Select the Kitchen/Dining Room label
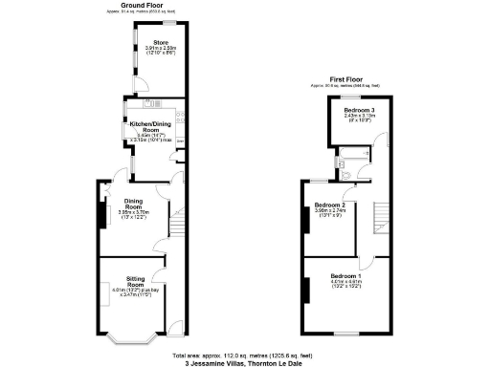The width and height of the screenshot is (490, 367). (x=146, y=126)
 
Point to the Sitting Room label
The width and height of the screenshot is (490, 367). (x=134, y=282)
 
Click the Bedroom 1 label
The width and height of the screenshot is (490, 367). (x=345, y=277)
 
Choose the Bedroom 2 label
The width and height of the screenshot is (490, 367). (x=330, y=205)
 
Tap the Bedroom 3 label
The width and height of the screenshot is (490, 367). (x=359, y=111)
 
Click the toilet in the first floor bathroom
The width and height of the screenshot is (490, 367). (x=342, y=168)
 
